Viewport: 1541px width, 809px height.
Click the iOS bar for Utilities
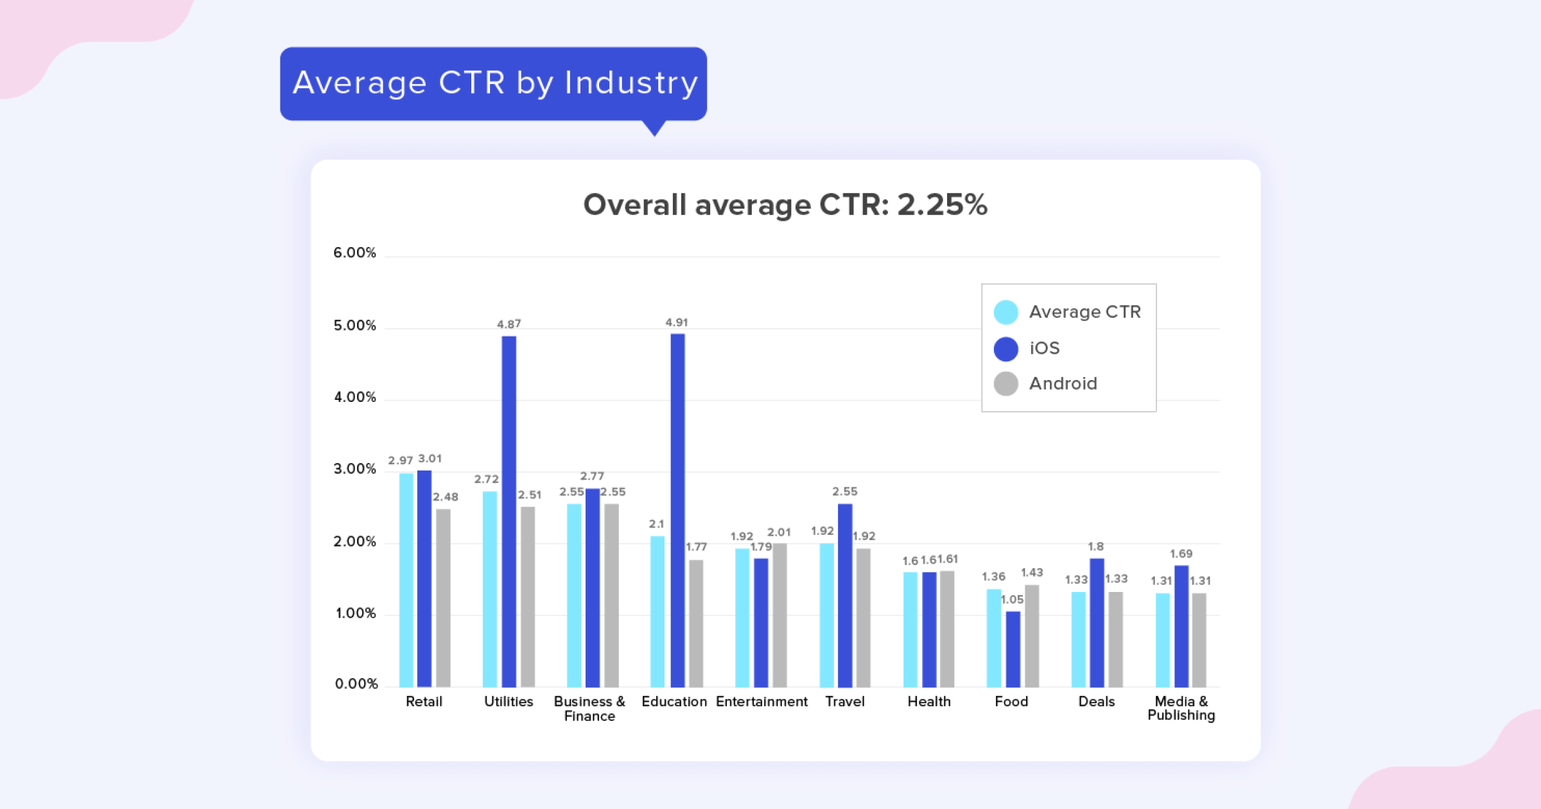509,510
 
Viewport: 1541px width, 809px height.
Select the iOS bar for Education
677,510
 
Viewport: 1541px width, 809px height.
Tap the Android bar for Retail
443,597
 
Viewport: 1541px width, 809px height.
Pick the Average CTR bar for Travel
827,614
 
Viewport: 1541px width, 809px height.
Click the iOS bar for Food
1013,648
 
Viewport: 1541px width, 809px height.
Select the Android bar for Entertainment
779,614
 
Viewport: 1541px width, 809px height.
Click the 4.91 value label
676,322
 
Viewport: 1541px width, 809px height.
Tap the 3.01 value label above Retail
430,458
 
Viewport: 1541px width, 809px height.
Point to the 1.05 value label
1013,599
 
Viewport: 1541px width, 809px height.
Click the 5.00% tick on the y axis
354,326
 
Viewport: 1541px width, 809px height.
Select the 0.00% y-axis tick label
356,684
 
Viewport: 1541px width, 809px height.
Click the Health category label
928,701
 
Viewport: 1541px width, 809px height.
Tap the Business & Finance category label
589,708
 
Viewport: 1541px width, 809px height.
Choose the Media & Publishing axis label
1181,708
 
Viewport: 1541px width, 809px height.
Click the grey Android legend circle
1006,383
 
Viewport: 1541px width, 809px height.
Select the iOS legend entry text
1045,348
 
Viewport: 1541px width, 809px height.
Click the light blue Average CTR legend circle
1006,312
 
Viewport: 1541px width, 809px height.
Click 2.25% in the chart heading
941,205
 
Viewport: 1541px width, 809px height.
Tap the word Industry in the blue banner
631,83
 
